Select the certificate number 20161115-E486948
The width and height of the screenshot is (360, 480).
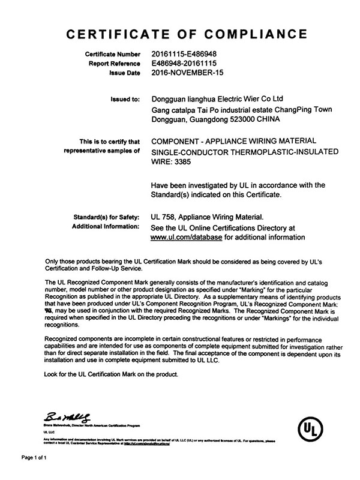[x=183, y=55]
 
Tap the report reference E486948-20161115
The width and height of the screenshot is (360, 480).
[x=183, y=64]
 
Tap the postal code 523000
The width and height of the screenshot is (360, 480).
[x=244, y=119]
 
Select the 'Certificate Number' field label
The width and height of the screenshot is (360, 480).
[x=110, y=55]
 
